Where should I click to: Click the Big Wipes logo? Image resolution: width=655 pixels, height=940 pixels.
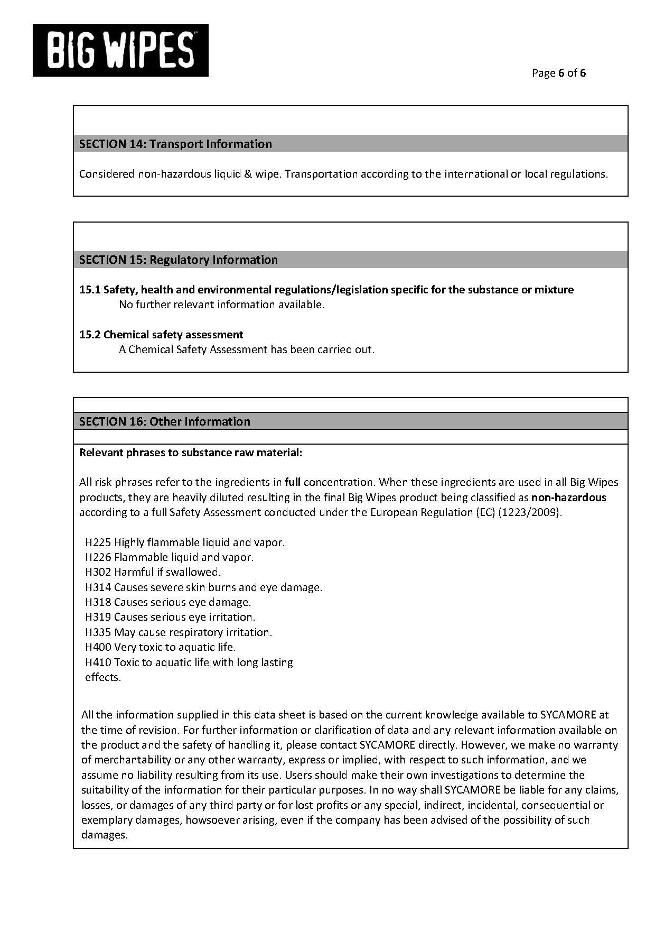coord(120,50)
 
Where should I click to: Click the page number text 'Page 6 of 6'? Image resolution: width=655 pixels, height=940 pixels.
coord(559,73)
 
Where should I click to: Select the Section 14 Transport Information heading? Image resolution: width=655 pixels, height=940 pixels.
coord(175,144)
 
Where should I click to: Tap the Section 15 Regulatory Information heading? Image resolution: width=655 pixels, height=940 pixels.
coord(178,260)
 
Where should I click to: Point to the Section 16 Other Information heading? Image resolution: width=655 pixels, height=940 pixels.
coord(164,421)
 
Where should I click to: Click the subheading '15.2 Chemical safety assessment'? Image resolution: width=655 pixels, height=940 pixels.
coord(161,335)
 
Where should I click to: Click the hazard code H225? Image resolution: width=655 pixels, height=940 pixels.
coord(98,542)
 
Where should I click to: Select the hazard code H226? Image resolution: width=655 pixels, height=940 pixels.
coord(98,557)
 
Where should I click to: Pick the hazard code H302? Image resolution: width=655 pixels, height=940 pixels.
coord(98,572)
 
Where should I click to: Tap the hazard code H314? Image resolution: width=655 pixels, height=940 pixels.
coord(98,587)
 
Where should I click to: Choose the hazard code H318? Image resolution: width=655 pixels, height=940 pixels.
coord(98,602)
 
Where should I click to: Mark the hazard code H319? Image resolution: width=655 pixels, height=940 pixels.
coord(98,617)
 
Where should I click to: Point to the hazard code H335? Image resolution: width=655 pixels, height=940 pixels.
coord(98,632)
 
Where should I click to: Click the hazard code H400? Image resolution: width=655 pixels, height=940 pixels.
coord(98,647)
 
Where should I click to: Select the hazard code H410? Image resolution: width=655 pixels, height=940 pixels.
coord(98,662)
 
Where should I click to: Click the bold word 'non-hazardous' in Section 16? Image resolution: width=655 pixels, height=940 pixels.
coord(568,497)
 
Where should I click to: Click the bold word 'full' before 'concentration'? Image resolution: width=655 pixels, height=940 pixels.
coord(292,482)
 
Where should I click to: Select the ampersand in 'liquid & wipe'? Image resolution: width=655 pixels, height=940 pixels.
coord(248,174)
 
